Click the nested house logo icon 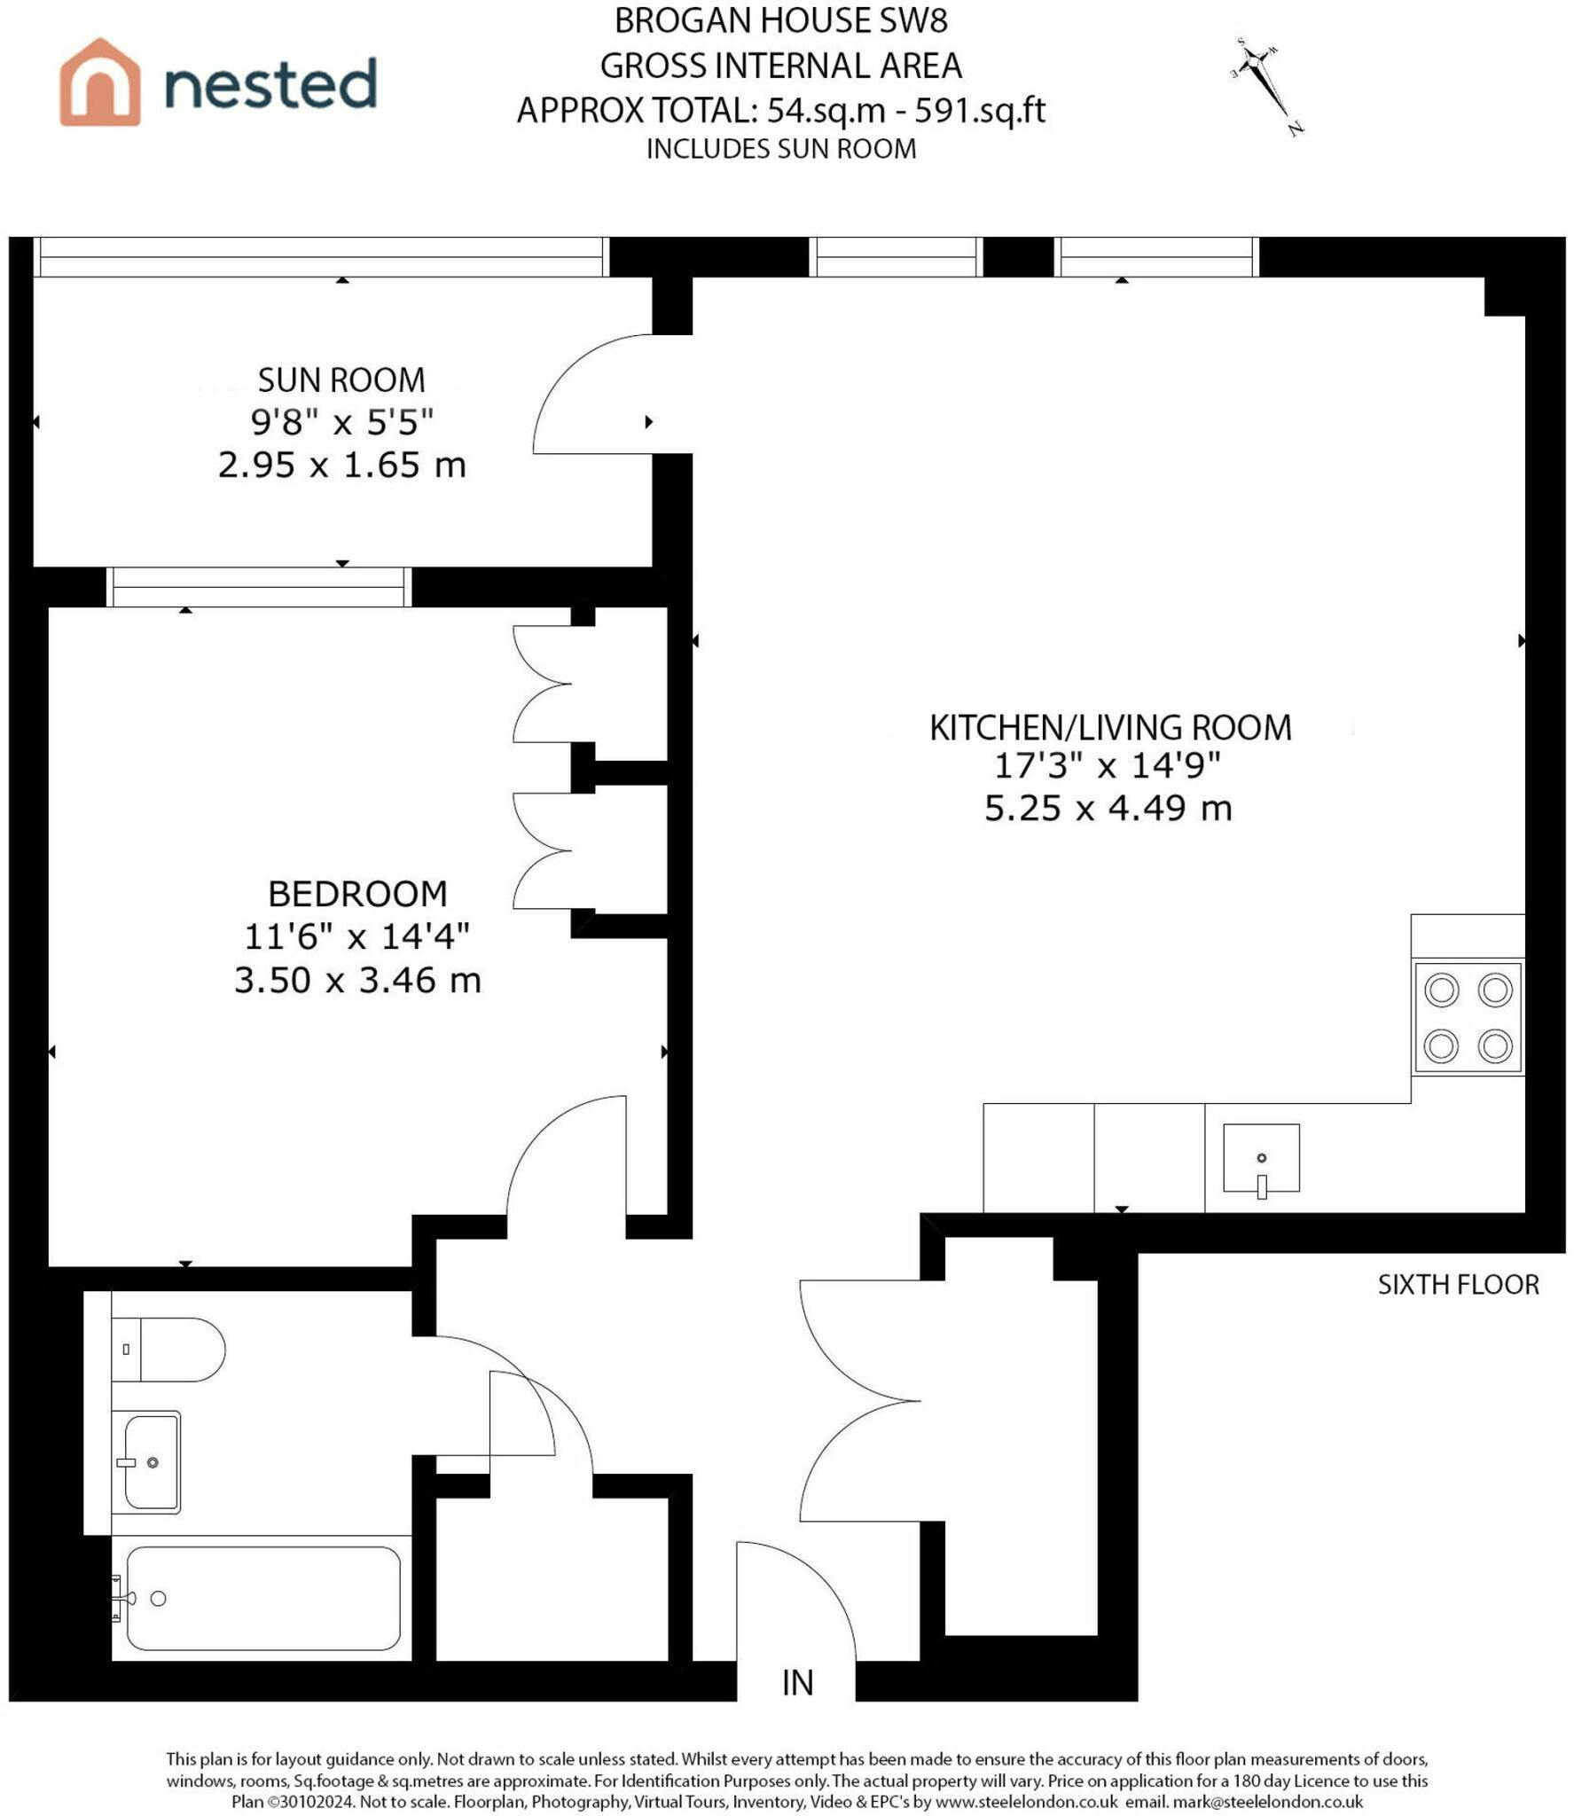point(99,82)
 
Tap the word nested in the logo point(270,83)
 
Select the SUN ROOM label point(341,380)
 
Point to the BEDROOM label point(357,894)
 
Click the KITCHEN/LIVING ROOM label point(1110,727)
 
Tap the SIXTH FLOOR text point(1458,1285)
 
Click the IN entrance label point(797,1683)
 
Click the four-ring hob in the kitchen point(1468,1018)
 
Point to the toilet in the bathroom point(168,1350)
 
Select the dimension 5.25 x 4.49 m point(1108,809)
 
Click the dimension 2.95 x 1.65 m point(341,465)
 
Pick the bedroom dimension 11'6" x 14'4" point(356,936)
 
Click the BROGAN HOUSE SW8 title point(781,21)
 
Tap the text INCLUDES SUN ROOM point(781,149)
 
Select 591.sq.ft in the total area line point(980,111)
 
